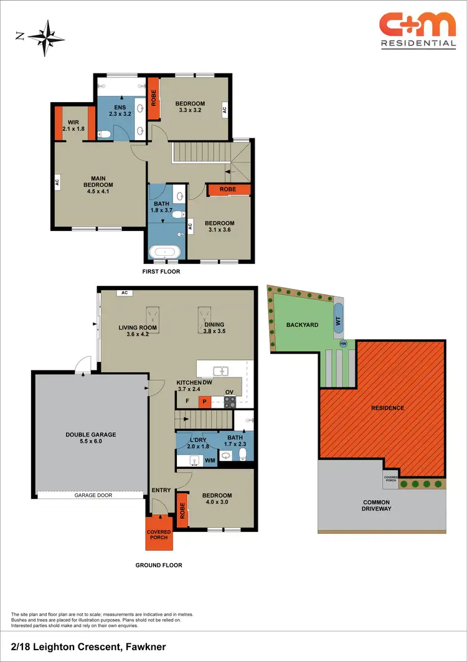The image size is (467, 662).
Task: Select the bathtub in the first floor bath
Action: [166, 253]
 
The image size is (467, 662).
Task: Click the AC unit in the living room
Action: [125, 293]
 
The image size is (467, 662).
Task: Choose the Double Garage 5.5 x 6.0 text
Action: [91, 438]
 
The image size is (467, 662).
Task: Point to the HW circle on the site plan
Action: [342, 344]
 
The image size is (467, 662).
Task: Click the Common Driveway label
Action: [376, 506]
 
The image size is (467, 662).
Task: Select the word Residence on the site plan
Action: [387, 408]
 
